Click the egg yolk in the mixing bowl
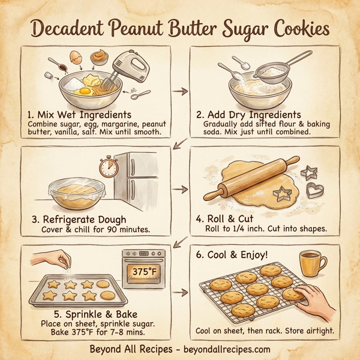click(x=84, y=91)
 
